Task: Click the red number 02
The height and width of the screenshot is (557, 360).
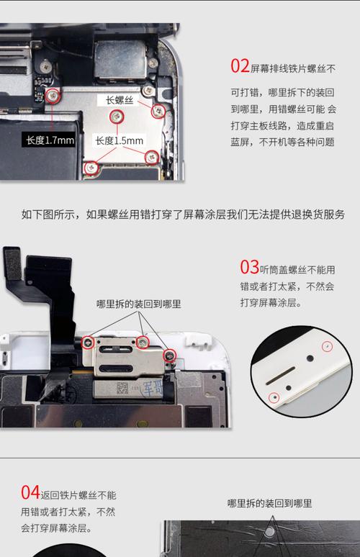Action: pyautogui.click(x=240, y=66)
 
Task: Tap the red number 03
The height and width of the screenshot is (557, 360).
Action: pyautogui.click(x=249, y=268)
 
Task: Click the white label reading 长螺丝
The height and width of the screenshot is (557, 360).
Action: pyautogui.click(x=120, y=100)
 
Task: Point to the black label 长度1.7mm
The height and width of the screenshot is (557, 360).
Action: pyautogui.click(x=50, y=140)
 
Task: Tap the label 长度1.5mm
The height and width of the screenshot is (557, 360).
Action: pyautogui.click(x=120, y=141)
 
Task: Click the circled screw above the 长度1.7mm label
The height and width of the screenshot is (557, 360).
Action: pyautogui.click(x=53, y=96)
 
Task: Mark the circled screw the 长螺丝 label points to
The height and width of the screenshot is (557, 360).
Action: pyautogui.click(x=159, y=110)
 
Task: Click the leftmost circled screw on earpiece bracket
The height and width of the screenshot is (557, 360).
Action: pyautogui.click(x=89, y=342)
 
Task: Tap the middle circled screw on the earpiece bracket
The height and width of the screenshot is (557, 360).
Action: pyautogui.click(x=143, y=341)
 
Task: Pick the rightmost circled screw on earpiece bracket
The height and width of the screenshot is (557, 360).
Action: pyautogui.click(x=170, y=354)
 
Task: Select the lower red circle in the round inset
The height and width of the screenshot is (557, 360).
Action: pyautogui.click(x=274, y=397)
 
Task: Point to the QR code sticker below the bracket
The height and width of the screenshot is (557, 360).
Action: pyautogui.click(x=122, y=389)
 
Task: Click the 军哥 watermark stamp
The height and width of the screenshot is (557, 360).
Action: pyautogui.click(x=153, y=389)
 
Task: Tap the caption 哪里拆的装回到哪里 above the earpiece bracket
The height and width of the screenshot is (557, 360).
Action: pyautogui.click(x=139, y=304)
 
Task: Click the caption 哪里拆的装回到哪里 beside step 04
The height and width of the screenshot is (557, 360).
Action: pyautogui.click(x=269, y=504)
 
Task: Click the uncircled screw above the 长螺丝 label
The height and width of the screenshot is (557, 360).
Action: pyautogui.click(x=148, y=90)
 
